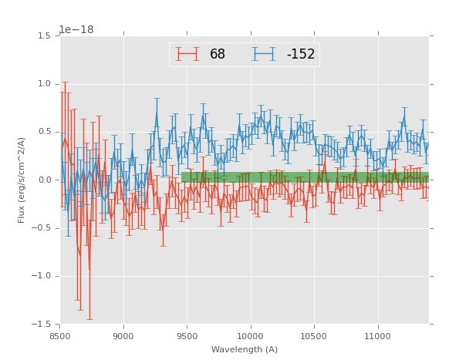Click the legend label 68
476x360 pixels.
pos(218,55)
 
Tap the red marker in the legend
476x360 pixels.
pos(187,55)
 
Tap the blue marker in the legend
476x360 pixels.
pos(265,55)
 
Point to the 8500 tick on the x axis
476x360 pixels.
pos(60,336)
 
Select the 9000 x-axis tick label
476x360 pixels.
pos(123,336)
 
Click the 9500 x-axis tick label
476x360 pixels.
pos(187,336)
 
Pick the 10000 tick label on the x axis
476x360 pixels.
pos(250,336)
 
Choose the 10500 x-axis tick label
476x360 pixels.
pos(314,336)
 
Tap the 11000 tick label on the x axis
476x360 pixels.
pos(377,336)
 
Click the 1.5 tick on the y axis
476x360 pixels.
pos(44,36)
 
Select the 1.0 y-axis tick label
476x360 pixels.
pos(44,84)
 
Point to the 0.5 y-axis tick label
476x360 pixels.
pos(44,132)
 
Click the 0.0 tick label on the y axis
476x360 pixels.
pos(44,180)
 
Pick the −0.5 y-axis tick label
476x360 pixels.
pos(42,228)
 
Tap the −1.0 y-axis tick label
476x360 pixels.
pos(42,276)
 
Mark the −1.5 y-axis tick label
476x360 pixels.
pos(42,325)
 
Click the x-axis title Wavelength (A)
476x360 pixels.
pos(245,350)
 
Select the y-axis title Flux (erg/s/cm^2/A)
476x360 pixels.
pos(22,180)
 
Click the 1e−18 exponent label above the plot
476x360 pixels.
pos(76,30)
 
